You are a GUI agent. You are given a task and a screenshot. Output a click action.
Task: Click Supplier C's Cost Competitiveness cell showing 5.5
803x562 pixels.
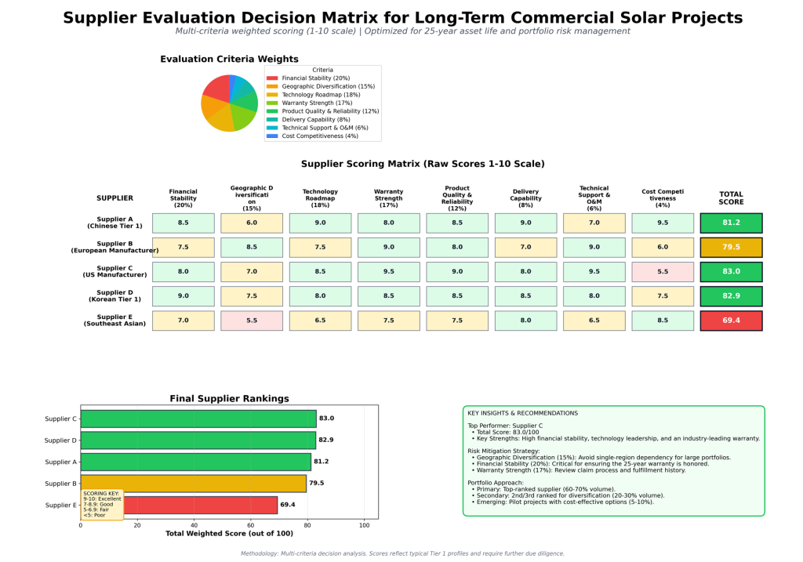coord(663,272)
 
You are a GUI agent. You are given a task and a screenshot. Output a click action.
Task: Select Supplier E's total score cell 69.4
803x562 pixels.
coord(731,321)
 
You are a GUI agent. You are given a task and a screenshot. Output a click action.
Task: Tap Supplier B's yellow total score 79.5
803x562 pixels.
coord(731,248)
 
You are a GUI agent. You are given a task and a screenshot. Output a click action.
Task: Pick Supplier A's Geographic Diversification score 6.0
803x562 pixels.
coord(252,223)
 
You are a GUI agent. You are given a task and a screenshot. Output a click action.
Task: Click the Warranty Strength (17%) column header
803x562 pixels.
coord(389,198)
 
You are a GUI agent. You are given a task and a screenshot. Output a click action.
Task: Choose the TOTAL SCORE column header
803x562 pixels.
coord(731,198)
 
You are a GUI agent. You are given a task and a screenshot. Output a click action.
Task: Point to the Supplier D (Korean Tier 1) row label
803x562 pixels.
coord(114,296)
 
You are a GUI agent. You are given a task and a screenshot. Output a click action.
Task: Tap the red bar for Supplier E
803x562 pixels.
coord(196,505)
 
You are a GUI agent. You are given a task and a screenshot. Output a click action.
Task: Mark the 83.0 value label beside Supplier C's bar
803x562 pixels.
coord(326,419)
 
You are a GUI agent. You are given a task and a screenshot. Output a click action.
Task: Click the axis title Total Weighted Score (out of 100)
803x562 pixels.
coord(229,534)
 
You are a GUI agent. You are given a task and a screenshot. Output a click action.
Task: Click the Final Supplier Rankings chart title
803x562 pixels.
coord(229,398)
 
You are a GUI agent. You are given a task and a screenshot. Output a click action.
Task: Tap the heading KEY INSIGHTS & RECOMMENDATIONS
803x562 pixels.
coord(522,413)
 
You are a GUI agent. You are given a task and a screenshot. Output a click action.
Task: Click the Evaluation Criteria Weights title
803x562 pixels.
coord(229,59)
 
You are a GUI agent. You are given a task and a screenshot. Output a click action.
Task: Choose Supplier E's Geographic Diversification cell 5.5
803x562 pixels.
coord(252,321)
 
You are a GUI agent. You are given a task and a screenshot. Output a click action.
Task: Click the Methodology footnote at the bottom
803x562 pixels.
coord(401,553)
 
